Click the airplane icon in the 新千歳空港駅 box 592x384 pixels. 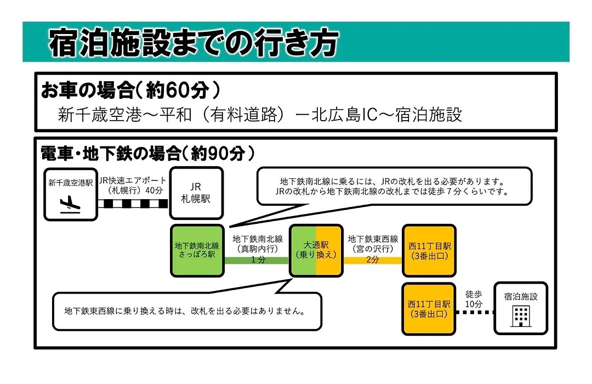click(x=70, y=205)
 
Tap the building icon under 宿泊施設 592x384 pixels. click(x=521, y=317)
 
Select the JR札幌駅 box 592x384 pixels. click(x=196, y=193)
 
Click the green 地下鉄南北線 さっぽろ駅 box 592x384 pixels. click(x=197, y=250)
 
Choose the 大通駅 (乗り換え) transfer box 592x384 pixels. click(x=316, y=250)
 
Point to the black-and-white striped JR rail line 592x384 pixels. click(x=133, y=204)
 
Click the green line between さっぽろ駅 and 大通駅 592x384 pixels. click(x=257, y=261)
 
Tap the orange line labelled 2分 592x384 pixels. click(x=373, y=261)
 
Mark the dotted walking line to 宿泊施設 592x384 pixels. click(x=475, y=312)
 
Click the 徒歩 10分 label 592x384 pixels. click(x=474, y=299)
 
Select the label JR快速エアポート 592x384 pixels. click(x=133, y=180)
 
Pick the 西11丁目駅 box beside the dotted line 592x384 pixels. click(x=429, y=309)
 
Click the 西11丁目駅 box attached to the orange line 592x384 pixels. click(x=429, y=251)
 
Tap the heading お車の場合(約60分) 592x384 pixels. click(x=130, y=90)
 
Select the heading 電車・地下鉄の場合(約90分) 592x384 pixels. click(x=147, y=153)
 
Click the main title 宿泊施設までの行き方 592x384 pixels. click(x=193, y=42)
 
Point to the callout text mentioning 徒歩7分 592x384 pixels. click(x=392, y=191)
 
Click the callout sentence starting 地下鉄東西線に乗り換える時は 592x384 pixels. click(x=185, y=311)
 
